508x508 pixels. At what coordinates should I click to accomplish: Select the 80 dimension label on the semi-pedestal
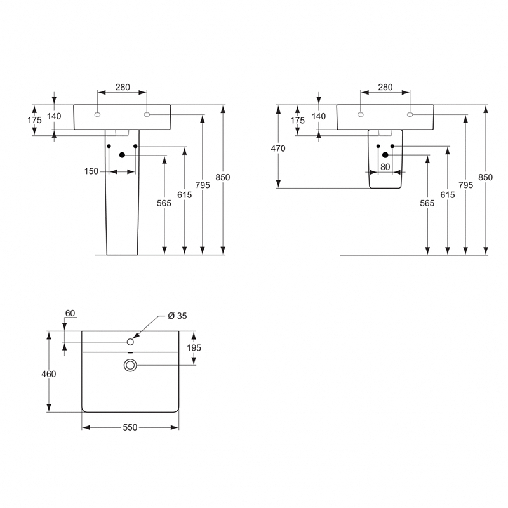point(384,167)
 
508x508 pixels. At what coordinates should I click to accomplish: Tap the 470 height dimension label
point(278,149)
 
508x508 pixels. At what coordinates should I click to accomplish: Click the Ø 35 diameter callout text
point(177,316)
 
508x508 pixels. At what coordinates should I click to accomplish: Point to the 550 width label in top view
point(130,428)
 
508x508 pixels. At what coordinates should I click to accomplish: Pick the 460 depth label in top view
point(48,374)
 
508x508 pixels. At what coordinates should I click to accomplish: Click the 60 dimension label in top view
point(70,313)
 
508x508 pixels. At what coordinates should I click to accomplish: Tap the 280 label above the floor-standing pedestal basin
point(122,87)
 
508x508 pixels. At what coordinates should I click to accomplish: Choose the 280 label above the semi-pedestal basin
point(385,87)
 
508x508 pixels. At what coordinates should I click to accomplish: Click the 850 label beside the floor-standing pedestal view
point(222,177)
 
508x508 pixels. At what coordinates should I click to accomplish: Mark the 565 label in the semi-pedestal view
point(427,203)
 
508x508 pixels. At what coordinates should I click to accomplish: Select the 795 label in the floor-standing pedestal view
point(203,185)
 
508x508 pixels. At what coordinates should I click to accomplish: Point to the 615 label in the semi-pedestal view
point(447,195)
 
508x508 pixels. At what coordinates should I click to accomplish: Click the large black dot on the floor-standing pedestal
point(123,155)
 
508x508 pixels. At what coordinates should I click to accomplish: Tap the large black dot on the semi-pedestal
point(385,155)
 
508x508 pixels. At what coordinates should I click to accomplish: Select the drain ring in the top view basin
point(130,364)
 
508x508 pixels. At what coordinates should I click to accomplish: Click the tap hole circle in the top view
point(130,342)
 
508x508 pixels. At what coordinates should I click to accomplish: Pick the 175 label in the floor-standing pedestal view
point(34,120)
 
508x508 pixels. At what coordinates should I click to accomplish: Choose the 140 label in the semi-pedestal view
point(318,116)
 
